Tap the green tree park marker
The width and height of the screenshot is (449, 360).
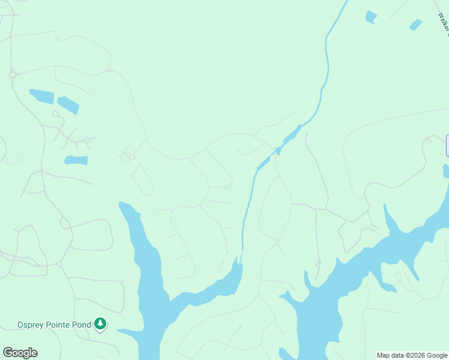tap(101, 325)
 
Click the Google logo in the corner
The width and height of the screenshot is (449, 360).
tap(20, 353)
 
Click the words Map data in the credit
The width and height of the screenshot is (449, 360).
tap(390, 356)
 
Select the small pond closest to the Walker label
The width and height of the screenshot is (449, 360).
tap(415, 25)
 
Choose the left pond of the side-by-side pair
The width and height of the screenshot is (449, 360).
tap(41, 95)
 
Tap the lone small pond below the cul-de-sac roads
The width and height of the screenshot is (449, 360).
tap(76, 160)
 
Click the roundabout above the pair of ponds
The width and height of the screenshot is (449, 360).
tap(12, 75)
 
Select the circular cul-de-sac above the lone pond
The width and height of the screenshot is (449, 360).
tap(87, 140)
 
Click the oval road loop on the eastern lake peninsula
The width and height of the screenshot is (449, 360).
tap(399, 278)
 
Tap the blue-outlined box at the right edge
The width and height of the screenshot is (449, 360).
tap(447, 146)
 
